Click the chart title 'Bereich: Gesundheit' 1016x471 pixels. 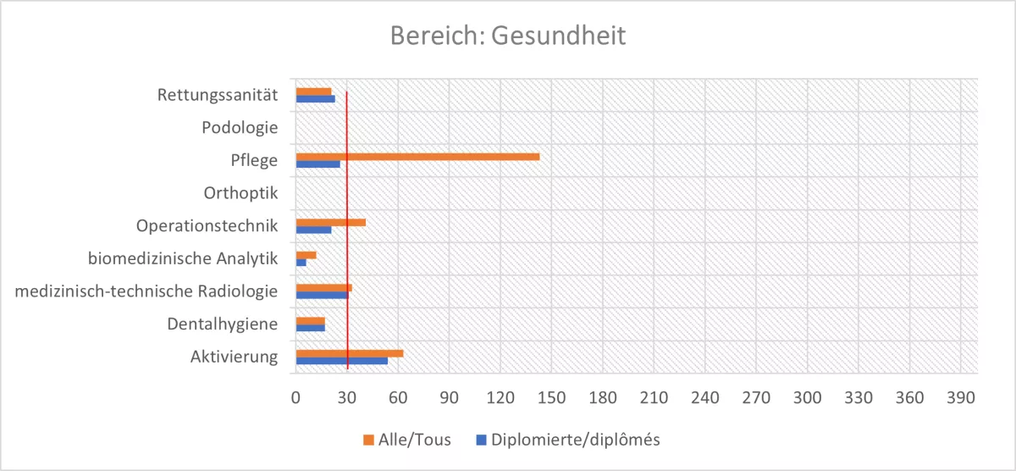(x=507, y=36)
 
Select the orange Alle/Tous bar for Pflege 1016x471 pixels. (x=417, y=157)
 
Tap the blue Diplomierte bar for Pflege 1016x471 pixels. (x=317, y=164)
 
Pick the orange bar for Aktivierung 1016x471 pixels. (x=349, y=353)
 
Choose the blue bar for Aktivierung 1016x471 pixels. (x=341, y=361)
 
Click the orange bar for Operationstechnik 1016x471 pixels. (x=330, y=222)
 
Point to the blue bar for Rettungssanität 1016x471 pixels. (x=315, y=99)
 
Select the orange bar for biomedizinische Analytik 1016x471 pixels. (x=306, y=255)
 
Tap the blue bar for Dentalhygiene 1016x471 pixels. (x=310, y=328)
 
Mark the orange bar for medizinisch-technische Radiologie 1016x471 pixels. (x=323, y=288)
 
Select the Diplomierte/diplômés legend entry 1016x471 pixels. (x=567, y=440)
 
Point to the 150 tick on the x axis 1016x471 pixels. (x=551, y=396)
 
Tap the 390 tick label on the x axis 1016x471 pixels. (x=961, y=396)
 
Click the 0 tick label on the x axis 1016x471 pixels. (x=295, y=396)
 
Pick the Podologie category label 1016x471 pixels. (x=240, y=128)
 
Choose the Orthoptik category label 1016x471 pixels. (x=240, y=193)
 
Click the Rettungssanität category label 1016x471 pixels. (x=218, y=95)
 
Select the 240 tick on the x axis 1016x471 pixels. (x=704, y=396)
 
